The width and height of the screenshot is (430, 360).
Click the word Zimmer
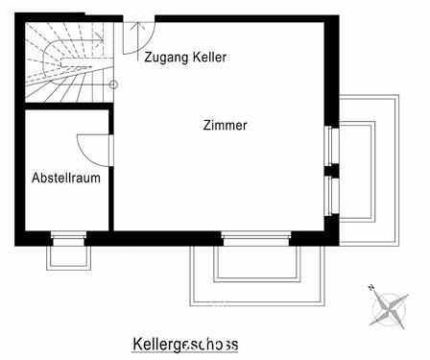(226, 126)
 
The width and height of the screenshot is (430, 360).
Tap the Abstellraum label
(66, 178)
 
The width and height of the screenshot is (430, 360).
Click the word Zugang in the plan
(163, 58)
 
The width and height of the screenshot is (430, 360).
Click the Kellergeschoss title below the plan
(184, 344)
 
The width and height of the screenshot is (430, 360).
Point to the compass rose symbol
(390, 306)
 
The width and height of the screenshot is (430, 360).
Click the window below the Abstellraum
(67, 237)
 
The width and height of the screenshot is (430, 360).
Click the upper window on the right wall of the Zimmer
(331, 146)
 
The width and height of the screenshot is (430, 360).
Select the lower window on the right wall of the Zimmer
(331, 196)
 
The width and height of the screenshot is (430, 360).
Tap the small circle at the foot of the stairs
(113, 85)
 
